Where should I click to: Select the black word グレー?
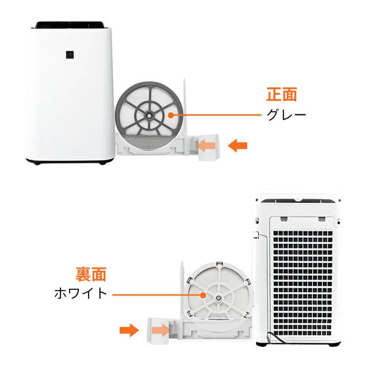[x=286, y=114]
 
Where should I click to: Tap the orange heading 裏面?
[x=91, y=274]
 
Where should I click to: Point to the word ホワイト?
[x=80, y=293]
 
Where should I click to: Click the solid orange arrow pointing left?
[x=237, y=146]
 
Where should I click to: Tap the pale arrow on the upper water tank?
[x=208, y=147]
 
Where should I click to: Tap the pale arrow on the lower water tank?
[x=160, y=330]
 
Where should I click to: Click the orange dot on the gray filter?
[x=171, y=116]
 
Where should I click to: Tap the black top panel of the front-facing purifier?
[x=70, y=25]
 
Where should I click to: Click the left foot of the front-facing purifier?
[x=39, y=164]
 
